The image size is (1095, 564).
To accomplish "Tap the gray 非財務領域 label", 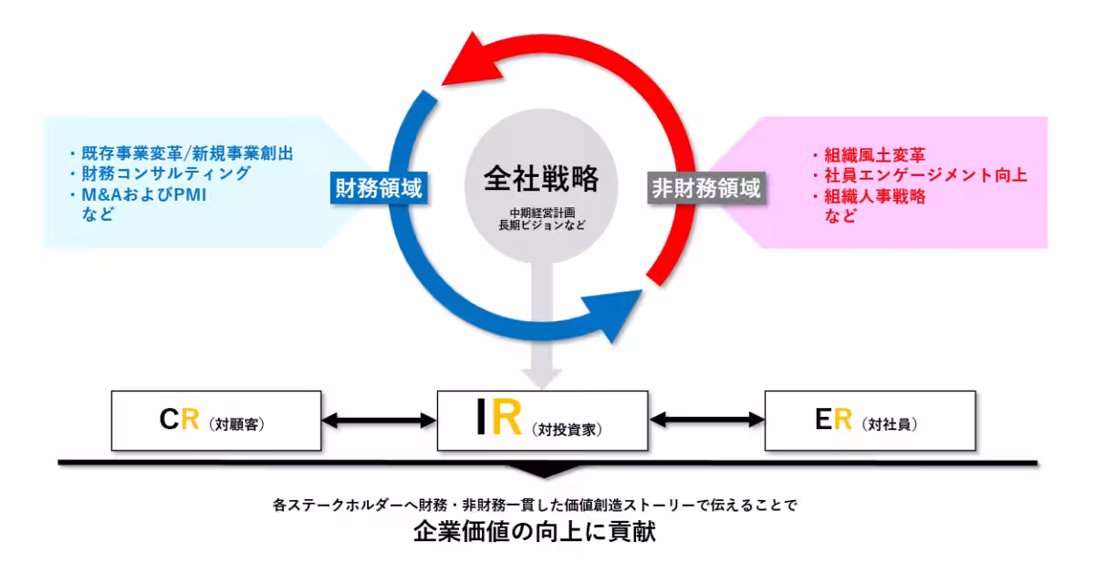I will pos(705,188).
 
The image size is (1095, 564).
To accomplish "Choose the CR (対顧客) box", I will pos(215,421).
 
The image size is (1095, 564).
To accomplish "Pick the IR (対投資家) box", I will pos(542,421).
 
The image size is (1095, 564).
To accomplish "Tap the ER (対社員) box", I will pos(869,421).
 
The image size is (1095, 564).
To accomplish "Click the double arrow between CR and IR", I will pos(379,421).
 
